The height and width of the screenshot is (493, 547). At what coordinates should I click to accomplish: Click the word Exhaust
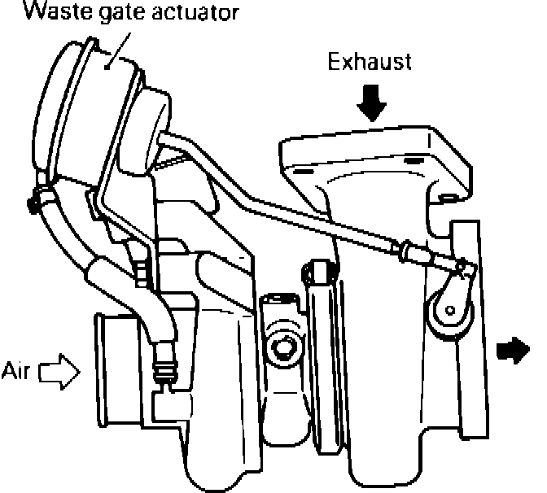pos(370,62)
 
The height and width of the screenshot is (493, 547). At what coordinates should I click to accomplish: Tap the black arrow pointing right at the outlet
pos(512,350)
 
